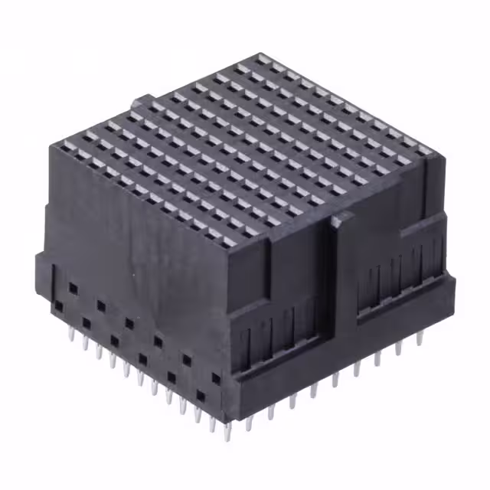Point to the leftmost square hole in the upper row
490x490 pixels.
tap(73, 287)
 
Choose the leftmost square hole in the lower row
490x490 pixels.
tap(58, 305)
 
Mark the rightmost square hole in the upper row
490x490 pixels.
tap(186, 357)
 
